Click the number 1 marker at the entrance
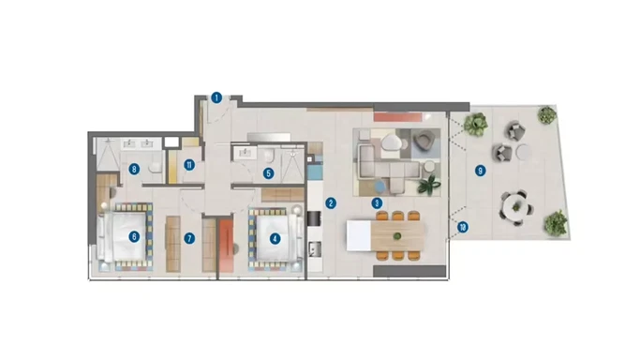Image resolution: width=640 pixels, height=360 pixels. click(216, 97)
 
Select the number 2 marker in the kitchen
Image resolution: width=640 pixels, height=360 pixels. click(331, 202)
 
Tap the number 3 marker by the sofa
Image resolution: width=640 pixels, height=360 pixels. click(377, 202)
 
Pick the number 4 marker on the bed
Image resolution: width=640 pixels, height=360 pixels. click(275, 238)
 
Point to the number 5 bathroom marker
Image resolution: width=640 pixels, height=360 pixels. click(268, 172)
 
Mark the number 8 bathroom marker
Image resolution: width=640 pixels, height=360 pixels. click(135, 170)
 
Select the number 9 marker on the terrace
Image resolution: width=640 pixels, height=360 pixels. click(480, 171)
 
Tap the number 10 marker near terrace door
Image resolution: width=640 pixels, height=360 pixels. click(463, 227)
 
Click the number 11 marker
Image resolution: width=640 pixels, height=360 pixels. click(188, 167)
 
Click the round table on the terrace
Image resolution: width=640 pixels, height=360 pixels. click(513, 202)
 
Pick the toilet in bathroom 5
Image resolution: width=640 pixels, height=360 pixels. click(269, 156)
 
